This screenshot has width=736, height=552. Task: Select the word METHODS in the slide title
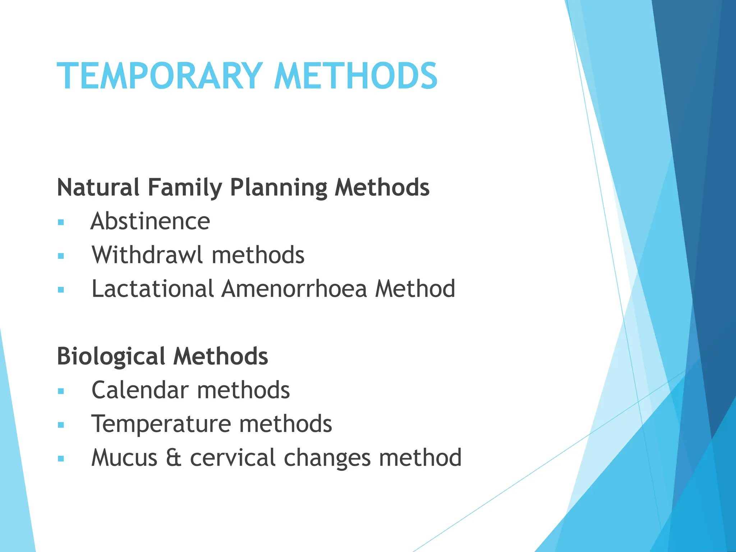355,76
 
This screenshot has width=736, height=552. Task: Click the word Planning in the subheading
279,188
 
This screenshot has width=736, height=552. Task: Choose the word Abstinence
150,221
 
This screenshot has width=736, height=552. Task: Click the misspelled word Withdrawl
147,255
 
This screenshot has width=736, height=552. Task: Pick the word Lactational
153,289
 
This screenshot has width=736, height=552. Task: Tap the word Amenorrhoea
294,289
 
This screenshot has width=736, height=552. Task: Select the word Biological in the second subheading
111,356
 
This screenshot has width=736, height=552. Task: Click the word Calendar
140,390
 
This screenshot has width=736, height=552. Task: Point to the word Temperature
161,424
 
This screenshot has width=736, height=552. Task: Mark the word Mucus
124,458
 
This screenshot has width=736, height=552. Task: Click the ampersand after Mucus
174,458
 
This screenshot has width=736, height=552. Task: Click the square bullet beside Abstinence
61,222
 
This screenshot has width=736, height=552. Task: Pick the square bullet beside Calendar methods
61,391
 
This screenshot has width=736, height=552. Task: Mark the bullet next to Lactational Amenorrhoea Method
61,290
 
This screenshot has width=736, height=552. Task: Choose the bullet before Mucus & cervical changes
61,459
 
